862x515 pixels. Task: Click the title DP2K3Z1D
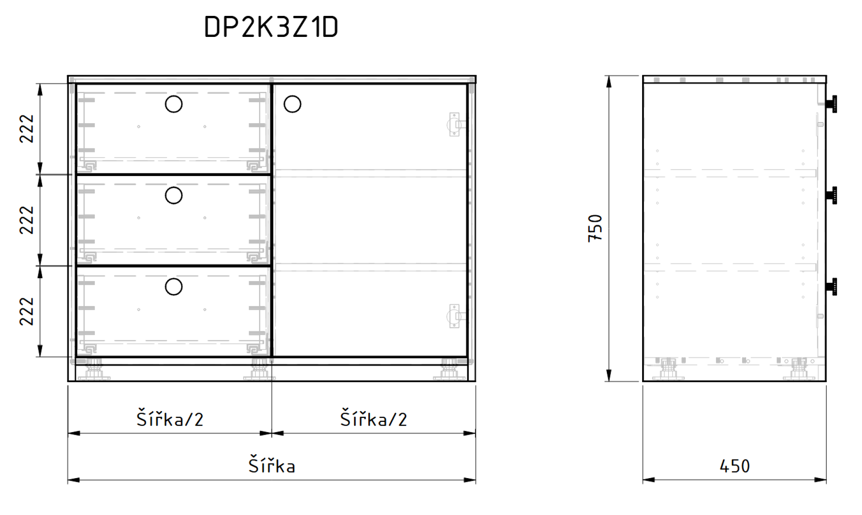[271, 27]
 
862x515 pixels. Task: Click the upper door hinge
[456, 124]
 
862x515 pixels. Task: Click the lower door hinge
[456, 316]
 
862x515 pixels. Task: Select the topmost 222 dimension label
[27, 128]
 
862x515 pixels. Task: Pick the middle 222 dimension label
[27, 220]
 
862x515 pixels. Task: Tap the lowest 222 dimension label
[27, 311]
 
